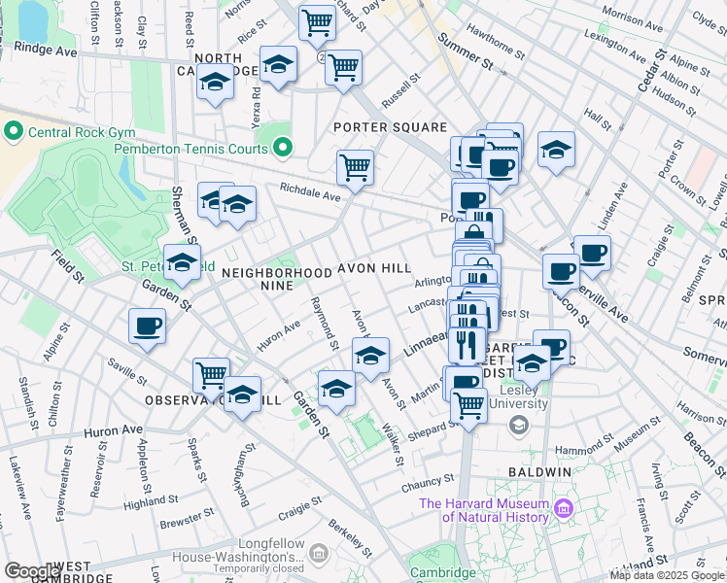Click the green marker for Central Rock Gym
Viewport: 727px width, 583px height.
point(14,130)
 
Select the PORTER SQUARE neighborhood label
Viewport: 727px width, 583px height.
point(390,127)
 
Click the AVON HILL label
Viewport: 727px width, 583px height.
point(374,267)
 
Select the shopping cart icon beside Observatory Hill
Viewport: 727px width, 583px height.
point(211,374)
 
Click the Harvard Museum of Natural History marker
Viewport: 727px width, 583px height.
point(562,508)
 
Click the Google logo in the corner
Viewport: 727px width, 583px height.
point(33,571)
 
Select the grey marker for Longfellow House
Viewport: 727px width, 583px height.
point(318,552)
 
